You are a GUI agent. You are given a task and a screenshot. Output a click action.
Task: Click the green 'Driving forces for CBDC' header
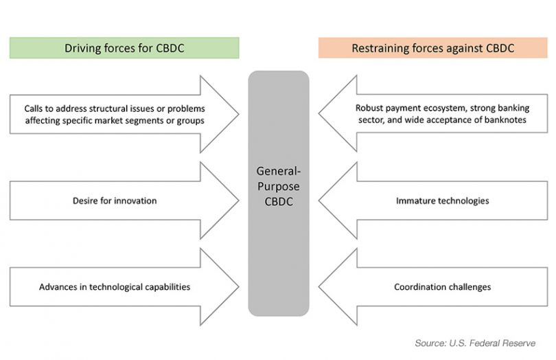point(124,48)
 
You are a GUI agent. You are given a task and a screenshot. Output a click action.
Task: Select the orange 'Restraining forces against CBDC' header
point(432,48)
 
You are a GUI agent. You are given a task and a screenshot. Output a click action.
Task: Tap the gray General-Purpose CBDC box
point(278,193)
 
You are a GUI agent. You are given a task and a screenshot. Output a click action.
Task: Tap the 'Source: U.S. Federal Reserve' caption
point(475,342)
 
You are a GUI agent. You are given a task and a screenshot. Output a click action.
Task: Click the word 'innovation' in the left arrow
point(135,201)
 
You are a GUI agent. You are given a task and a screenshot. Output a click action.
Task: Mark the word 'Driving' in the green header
point(83,48)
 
